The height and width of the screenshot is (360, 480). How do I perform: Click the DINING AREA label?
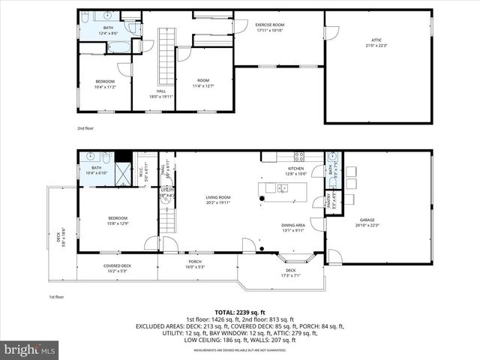pos(292,228)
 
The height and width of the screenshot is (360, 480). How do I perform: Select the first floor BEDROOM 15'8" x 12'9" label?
pos(107,220)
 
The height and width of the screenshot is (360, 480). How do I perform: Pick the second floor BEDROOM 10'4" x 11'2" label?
pos(104,83)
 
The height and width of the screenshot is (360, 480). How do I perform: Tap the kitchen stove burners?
pos(298,157)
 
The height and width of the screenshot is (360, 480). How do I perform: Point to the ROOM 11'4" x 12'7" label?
pos(203,83)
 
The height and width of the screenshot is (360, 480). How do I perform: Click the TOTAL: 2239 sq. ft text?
pos(239,312)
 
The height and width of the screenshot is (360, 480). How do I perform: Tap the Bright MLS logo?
pos(30,349)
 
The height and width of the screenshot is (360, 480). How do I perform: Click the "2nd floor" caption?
pos(85,128)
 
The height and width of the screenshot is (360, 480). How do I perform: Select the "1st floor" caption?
pos(57,297)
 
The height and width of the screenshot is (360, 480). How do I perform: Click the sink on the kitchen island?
pos(282,187)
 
